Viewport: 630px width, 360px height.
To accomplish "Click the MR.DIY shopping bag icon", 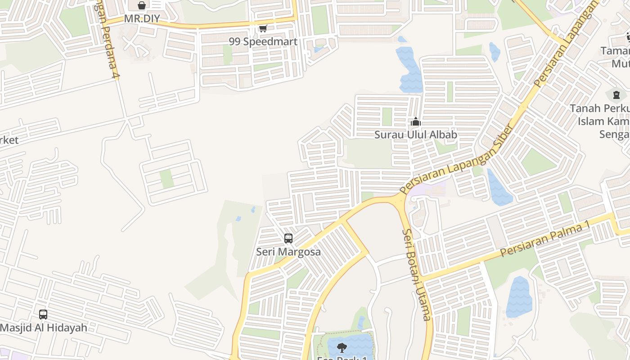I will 142,5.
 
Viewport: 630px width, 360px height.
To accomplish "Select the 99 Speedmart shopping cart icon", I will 263,28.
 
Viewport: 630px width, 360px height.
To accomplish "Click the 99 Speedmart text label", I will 263,42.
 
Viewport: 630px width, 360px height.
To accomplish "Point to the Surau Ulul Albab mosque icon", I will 416,121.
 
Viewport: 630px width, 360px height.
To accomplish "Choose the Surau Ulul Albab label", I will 416,135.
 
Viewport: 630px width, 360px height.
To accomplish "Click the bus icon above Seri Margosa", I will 288,238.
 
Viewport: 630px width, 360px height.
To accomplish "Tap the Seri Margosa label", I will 288,252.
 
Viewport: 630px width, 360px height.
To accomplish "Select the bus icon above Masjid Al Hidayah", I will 43,315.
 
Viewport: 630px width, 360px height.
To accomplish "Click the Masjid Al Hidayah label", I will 44,328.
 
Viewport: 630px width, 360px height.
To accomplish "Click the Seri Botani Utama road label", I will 417,274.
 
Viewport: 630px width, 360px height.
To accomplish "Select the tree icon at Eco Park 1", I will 342,347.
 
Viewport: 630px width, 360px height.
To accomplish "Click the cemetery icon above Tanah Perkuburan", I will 616,95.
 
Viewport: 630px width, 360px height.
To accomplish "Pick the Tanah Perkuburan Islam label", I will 601,121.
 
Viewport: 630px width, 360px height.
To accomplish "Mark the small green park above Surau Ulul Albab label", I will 387,116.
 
